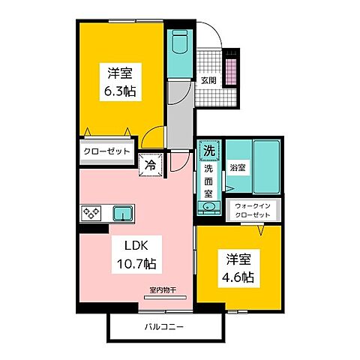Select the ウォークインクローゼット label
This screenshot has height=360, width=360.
tap(252, 210)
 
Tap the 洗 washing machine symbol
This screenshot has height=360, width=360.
tap(209, 150)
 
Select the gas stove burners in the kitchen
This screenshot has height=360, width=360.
tap(91, 213)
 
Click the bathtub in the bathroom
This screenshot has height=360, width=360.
tap(265, 166)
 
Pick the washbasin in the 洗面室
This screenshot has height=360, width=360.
tap(209, 208)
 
